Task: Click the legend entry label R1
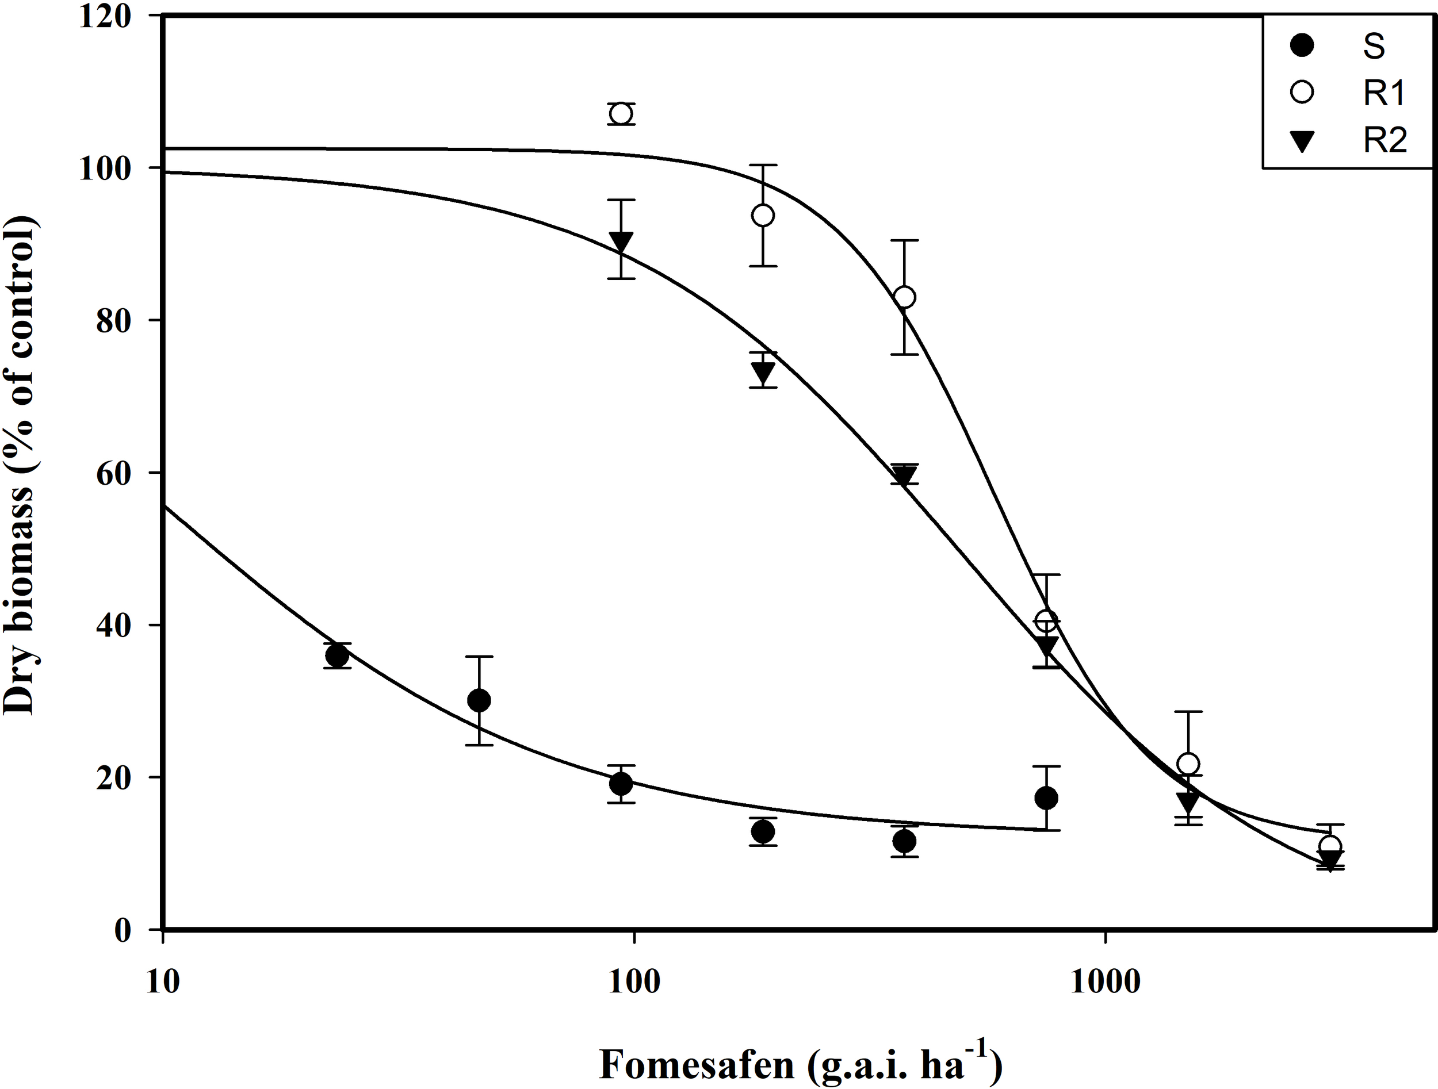pyautogui.click(x=1383, y=94)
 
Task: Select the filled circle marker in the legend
pyautogui.click(x=1302, y=46)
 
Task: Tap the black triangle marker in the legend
pyautogui.click(x=1302, y=141)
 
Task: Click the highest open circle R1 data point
pyautogui.click(x=621, y=114)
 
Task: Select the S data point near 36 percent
pyautogui.click(x=336, y=656)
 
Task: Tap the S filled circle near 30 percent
pyautogui.click(x=479, y=700)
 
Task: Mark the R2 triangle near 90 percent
pyautogui.click(x=621, y=241)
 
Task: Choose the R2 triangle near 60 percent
pyautogui.click(x=904, y=476)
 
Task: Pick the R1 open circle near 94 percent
pyautogui.click(x=763, y=216)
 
